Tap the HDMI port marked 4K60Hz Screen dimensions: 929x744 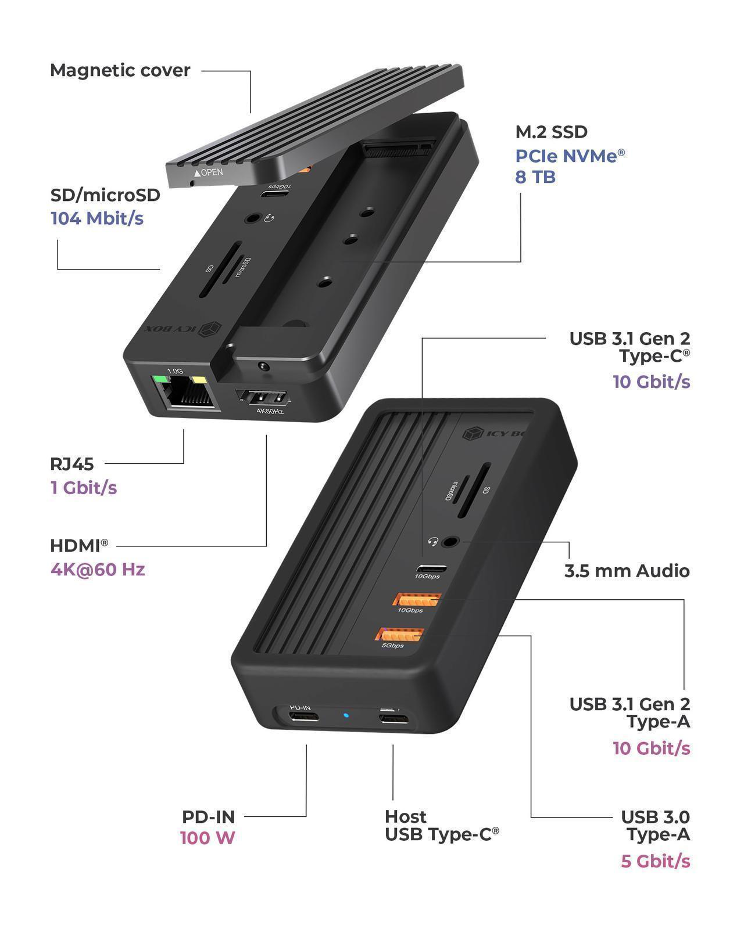tap(264, 398)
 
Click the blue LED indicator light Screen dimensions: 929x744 tap(346, 715)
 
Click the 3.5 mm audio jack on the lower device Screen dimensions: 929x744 tap(449, 542)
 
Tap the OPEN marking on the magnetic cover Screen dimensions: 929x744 tap(209, 172)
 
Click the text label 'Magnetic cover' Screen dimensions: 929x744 tap(120, 70)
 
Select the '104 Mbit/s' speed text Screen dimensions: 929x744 tap(97, 218)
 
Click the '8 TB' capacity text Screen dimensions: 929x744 tap(535, 177)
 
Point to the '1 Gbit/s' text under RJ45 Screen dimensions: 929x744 tap(84, 487)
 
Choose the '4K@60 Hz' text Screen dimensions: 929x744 tap(98, 569)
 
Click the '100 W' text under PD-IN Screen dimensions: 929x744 tap(208, 838)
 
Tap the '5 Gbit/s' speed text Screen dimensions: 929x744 tap(655, 860)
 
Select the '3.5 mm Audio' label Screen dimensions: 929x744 tap(627, 571)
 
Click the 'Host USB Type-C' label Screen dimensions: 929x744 tap(441, 826)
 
